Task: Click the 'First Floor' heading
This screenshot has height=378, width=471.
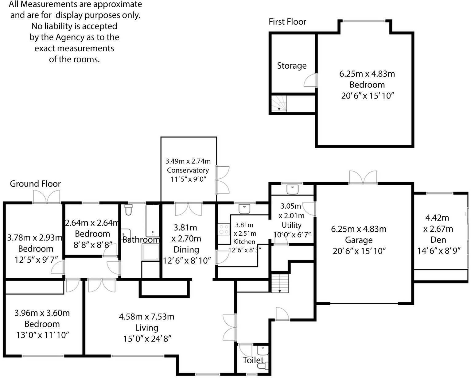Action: [x=287, y=22]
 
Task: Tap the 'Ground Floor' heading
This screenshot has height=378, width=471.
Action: [x=35, y=184]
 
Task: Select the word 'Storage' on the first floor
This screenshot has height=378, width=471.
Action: [x=292, y=66]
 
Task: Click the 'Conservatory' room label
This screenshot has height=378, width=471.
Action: [x=188, y=170]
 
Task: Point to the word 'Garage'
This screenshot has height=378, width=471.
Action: [x=359, y=240]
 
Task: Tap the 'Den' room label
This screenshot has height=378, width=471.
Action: [x=438, y=240]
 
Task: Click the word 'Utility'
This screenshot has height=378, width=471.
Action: [x=291, y=225]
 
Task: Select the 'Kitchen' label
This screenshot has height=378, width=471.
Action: [x=244, y=242]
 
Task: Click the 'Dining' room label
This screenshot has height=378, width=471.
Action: [x=186, y=250]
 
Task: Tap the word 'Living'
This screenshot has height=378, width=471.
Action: [x=146, y=328]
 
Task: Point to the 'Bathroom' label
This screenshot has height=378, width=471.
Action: [x=141, y=240]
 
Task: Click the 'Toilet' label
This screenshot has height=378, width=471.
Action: [x=253, y=360]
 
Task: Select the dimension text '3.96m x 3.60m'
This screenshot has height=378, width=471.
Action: [x=42, y=313]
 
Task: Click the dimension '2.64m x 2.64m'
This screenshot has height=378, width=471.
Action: [x=92, y=222]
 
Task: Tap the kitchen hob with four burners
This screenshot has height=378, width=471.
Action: [x=224, y=229]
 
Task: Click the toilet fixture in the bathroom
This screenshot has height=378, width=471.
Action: [x=128, y=210]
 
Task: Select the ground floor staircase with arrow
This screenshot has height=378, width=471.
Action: [x=280, y=283]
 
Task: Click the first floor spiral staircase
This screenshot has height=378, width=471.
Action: [x=279, y=103]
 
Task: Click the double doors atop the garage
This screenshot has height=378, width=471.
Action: [x=363, y=178]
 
